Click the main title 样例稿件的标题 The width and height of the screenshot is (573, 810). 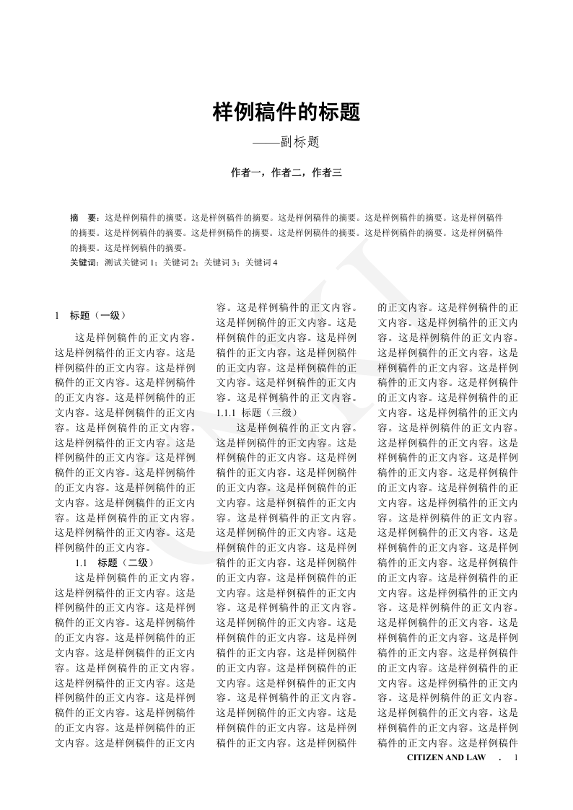286,113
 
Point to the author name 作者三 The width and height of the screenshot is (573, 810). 325,172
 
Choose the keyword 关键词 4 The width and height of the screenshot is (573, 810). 261,263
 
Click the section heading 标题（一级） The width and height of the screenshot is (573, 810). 99,315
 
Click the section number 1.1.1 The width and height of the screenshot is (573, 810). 227,413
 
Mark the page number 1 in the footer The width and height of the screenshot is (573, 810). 516,758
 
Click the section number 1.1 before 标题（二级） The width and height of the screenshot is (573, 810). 82,563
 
